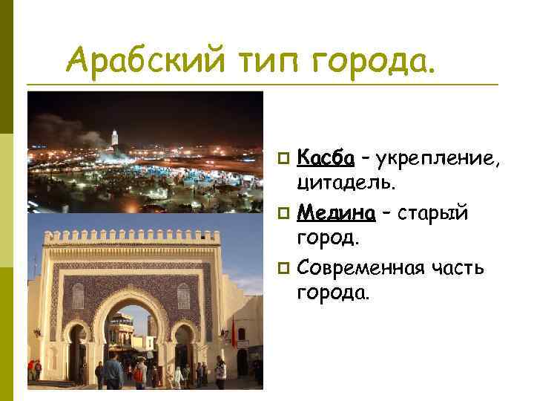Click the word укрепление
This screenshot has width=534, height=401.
pyautogui.click(x=438, y=158)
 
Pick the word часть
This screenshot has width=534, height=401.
pyautogui.click(x=460, y=267)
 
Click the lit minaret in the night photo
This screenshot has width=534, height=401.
pyautogui.click(x=115, y=138)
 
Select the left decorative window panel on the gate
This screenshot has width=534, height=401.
pyautogui.click(x=79, y=296)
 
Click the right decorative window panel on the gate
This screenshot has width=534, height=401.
pyautogui.click(x=183, y=296)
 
